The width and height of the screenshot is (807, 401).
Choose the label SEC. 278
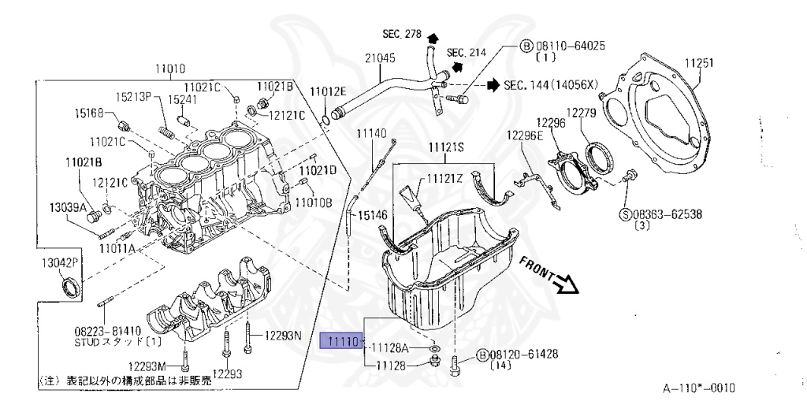402,35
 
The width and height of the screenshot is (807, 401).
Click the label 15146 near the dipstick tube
374,214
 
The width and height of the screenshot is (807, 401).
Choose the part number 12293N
283,336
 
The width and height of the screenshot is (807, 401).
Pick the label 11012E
328,91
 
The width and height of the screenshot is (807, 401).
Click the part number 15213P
135,98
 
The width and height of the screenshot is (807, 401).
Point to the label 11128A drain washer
390,347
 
